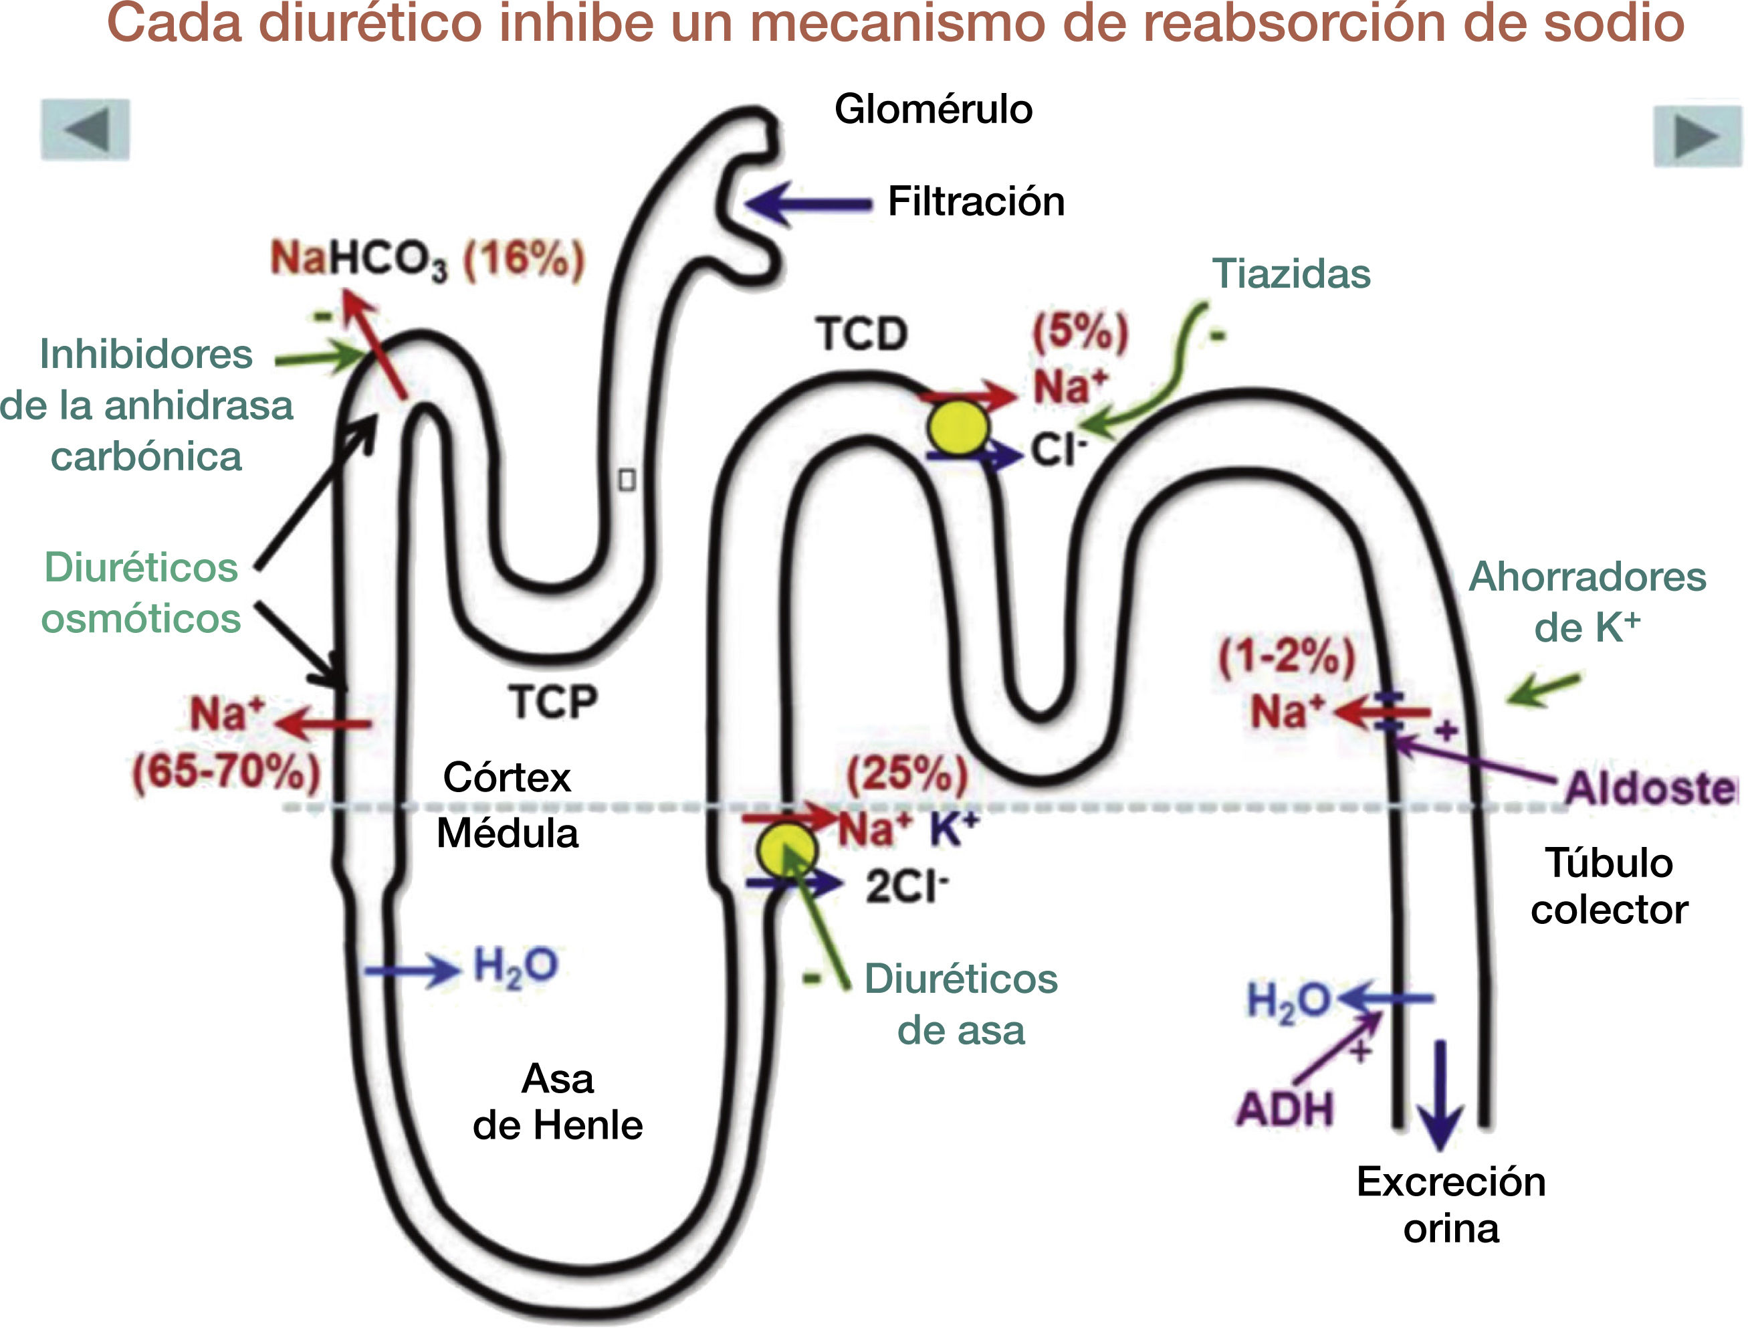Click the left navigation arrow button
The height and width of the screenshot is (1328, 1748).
click(86, 130)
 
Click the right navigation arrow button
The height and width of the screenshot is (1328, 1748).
click(1696, 136)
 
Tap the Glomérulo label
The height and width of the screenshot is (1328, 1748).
click(934, 109)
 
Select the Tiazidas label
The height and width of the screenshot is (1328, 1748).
click(1291, 274)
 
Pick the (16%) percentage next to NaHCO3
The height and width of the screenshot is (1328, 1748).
click(524, 260)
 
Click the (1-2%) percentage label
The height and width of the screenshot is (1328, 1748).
click(1287, 656)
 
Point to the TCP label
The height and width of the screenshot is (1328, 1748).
click(552, 702)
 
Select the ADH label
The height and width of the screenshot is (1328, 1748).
click(1285, 1109)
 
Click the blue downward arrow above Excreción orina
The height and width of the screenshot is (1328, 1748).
click(1440, 1095)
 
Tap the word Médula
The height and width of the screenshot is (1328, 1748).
click(508, 833)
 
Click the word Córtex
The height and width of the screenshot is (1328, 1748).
click(506, 778)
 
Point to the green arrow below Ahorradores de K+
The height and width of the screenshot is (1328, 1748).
click(1543, 689)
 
